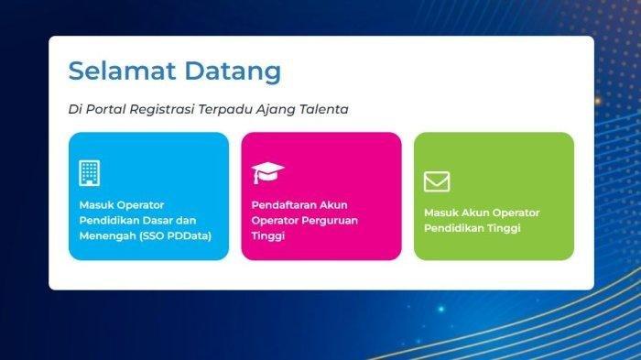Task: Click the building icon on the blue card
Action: [x=90, y=172]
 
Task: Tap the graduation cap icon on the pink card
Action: [x=268, y=172]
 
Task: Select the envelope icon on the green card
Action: [x=437, y=181]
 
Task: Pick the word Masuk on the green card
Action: [x=440, y=213]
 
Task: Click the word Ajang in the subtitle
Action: [x=280, y=109]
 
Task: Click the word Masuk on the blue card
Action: [x=95, y=204]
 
